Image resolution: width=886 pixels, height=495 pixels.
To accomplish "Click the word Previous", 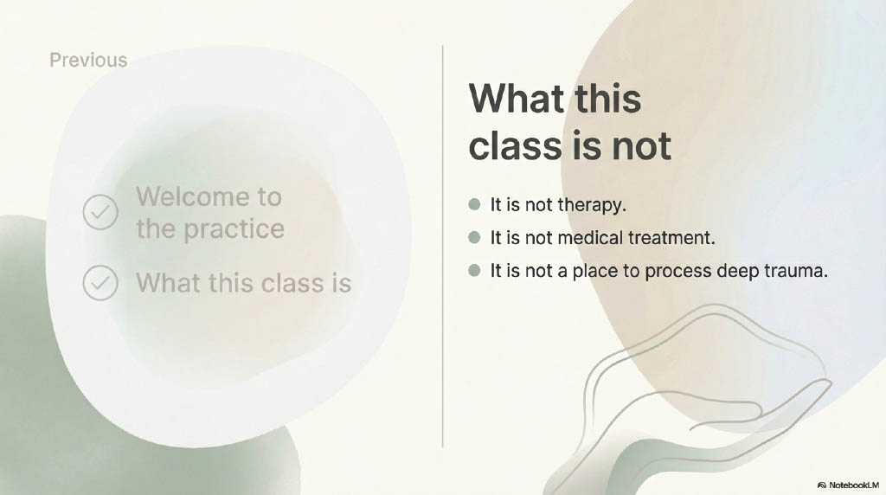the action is (89, 60).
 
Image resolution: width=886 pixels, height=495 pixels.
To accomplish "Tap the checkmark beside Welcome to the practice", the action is (100, 212).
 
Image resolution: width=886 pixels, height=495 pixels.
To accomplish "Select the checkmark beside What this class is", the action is (100, 282).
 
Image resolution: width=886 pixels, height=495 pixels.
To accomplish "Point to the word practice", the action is (234, 229).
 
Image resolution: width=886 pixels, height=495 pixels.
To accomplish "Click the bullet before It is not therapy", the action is (475, 204).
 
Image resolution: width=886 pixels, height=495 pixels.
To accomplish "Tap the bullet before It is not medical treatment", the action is (475, 237).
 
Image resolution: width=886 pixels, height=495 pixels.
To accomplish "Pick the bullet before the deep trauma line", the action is (475, 271).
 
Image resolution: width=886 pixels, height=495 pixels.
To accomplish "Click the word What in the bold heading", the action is (517, 99).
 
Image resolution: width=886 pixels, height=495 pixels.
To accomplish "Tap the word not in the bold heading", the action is (641, 145).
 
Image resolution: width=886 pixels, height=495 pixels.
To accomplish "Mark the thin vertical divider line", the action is (442, 247).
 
